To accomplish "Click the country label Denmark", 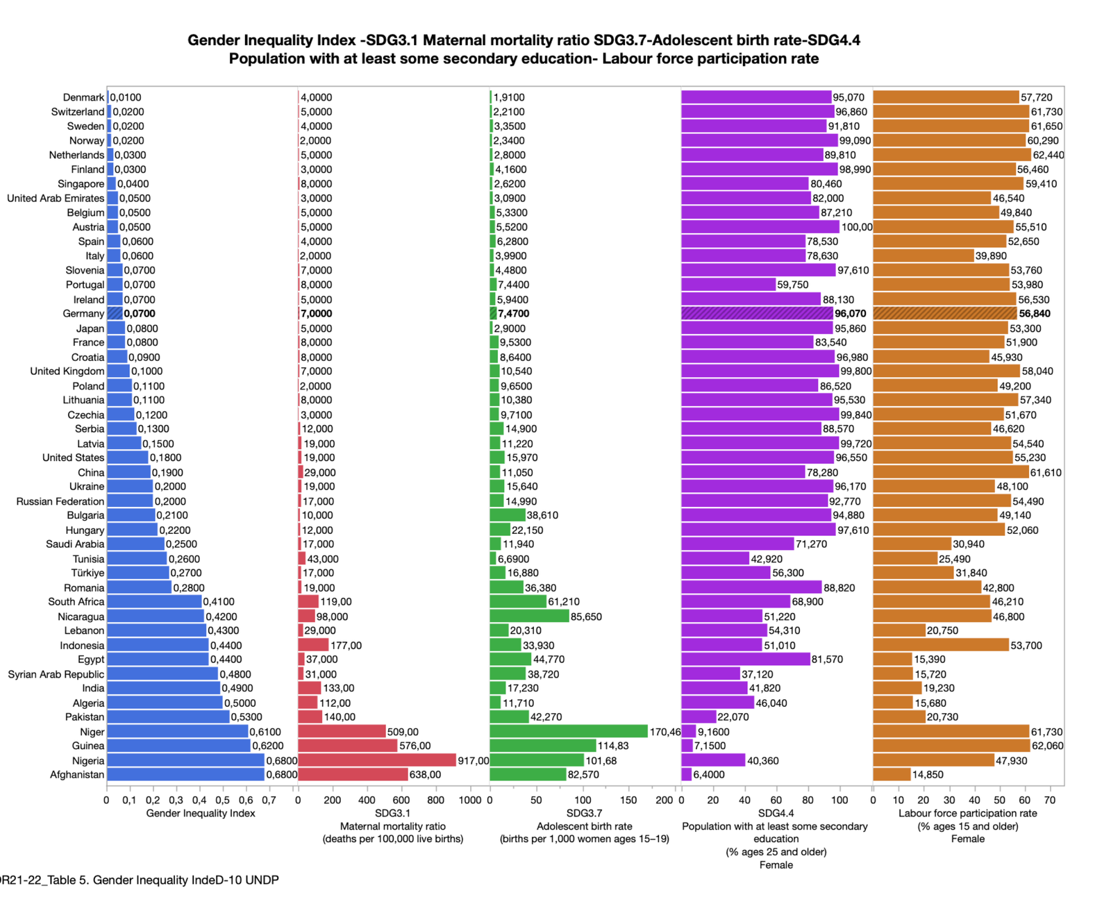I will pyautogui.click(x=83, y=97).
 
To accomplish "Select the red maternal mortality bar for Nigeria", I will pyautogui.click(x=376, y=760).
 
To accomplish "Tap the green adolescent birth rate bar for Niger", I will pyautogui.click(x=568, y=731).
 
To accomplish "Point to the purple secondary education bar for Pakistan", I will pyautogui.click(x=699, y=717).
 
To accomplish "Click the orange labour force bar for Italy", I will pyautogui.click(x=923, y=256).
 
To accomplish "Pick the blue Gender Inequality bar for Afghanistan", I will pyautogui.click(x=185, y=774).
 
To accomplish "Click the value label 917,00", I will pyautogui.click(x=473, y=761).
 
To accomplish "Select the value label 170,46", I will pyautogui.click(x=665, y=732).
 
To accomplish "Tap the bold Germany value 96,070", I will pyautogui.click(x=851, y=314).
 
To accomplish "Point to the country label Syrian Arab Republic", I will pyautogui.click(x=56, y=674).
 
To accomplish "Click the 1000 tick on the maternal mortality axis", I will pyautogui.click(x=470, y=800).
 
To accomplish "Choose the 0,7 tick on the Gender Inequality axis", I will pyautogui.click(x=269, y=800).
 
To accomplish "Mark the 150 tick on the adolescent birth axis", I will pyautogui.click(x=628, y=800).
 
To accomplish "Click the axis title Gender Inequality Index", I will pyautogui.click(x=201, y=813).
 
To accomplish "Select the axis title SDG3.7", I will pyautogui.click(x=584, y=813).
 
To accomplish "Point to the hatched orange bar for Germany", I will pyautogui.click(x=944, y=314).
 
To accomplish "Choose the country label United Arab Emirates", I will pyautogui.click(x=56, y=198).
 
